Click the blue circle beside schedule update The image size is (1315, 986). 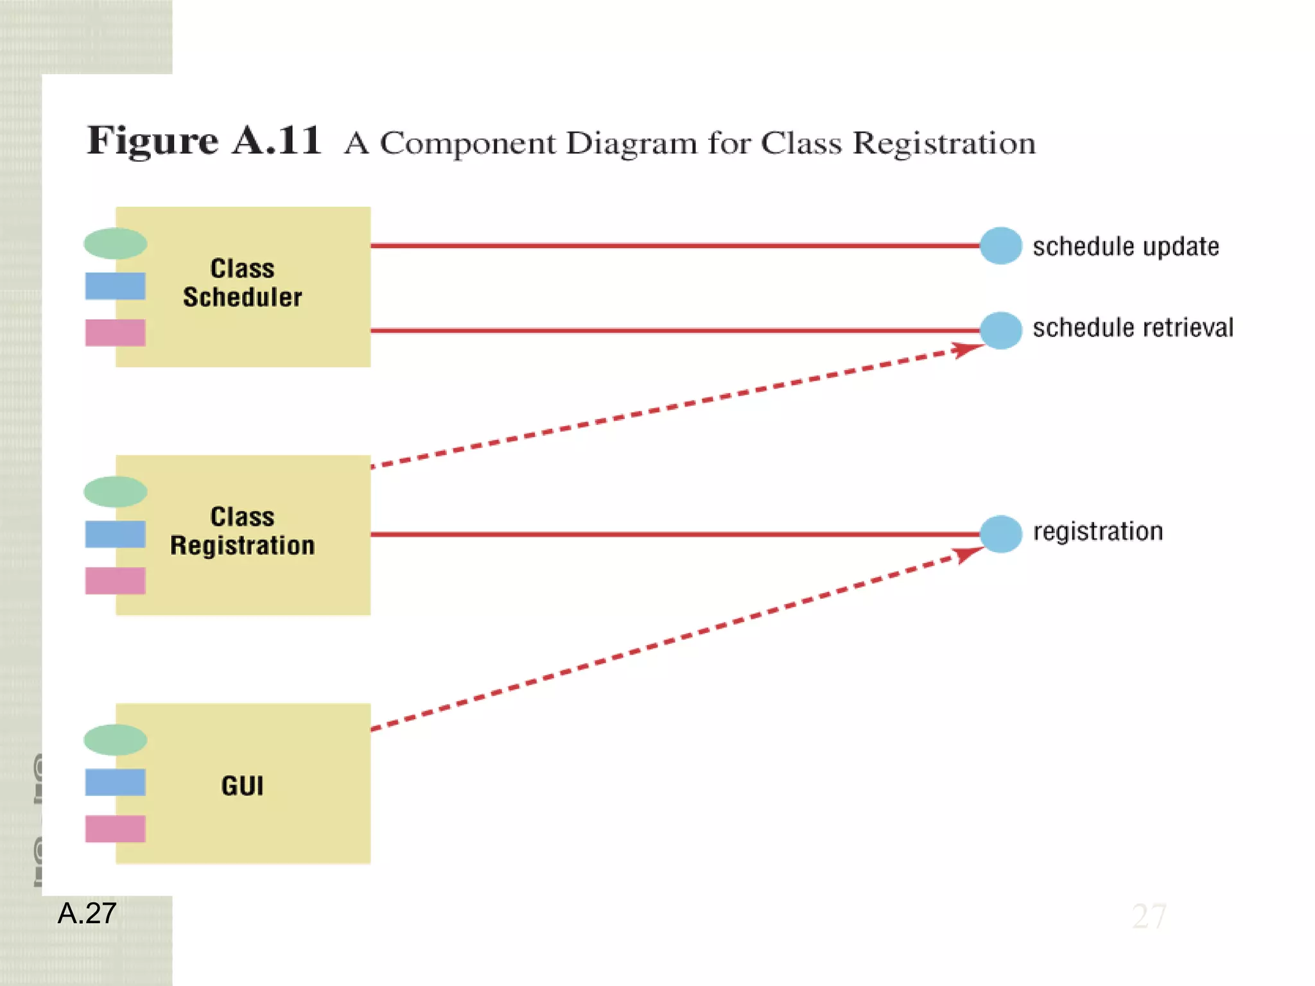1000,246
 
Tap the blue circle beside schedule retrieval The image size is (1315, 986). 1000,331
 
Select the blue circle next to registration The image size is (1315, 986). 1000,534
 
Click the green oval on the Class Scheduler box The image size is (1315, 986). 116,243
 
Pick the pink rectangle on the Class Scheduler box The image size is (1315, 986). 116,333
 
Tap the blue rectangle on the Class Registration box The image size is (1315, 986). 116,534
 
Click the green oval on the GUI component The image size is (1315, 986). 116,740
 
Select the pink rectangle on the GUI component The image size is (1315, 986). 116,829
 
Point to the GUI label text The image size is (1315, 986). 242,786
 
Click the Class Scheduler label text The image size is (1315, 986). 242,283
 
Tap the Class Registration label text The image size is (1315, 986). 242,532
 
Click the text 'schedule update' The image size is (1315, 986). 1126,246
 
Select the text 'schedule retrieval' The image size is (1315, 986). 1133,328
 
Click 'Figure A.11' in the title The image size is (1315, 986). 204,141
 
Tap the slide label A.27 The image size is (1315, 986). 87,913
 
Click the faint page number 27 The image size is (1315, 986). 1149,916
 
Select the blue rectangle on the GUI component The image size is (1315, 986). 116,783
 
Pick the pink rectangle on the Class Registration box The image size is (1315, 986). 116,581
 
